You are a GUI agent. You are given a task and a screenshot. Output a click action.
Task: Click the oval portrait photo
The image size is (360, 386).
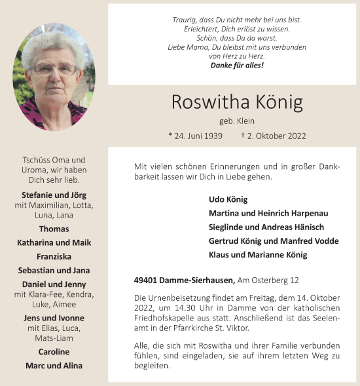[54, 77]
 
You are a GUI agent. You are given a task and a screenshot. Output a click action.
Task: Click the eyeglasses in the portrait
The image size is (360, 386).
[54, 69]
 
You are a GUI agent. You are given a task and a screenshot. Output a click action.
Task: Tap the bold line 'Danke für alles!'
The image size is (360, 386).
[237, 66]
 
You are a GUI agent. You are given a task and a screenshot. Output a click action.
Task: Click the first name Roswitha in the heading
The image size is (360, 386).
[207, 103]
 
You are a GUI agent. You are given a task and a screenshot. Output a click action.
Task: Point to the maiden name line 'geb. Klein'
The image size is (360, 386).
[237, 121]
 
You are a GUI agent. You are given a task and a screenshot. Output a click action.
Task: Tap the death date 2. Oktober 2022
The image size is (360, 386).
[278, 136]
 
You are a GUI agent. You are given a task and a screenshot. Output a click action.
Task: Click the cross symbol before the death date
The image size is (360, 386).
[243, 135]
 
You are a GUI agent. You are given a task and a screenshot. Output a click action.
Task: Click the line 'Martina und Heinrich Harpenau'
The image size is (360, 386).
[268, 214]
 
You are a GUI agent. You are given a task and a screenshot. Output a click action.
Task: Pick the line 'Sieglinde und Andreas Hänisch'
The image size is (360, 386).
[266, 227]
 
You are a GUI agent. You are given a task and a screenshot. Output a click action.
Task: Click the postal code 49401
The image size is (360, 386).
[145, 280]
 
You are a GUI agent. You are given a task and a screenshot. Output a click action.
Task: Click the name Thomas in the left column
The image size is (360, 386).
[54, 229]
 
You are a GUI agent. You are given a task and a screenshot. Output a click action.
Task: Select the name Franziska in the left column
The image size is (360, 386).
[54, 256]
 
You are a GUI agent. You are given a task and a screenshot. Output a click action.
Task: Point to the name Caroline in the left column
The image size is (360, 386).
[54, 352]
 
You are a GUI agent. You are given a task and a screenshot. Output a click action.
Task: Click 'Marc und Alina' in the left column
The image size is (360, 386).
[54, 366]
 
